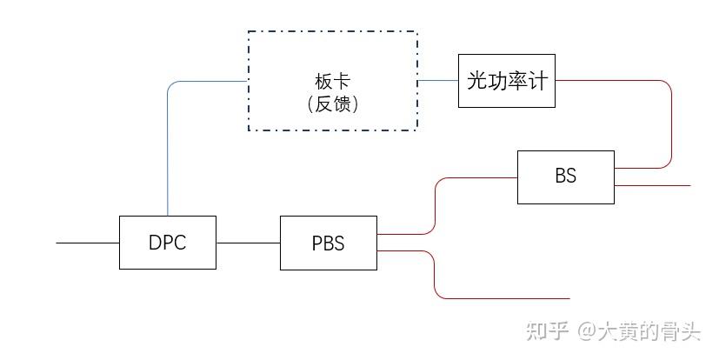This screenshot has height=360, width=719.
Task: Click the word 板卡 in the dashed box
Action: [332, 82]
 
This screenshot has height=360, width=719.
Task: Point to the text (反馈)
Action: [332, 103]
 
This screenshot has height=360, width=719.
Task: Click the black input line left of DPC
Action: [87, 243]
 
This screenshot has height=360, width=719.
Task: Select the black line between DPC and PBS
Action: [248, 243]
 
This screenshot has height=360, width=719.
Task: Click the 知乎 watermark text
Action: [549, 331]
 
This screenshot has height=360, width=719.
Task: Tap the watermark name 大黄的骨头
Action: [648, 331]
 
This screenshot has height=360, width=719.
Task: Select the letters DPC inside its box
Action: [167, 243]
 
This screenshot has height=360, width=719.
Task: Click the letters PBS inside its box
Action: [328, 243]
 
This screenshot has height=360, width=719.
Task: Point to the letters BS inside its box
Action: [565, 176]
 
